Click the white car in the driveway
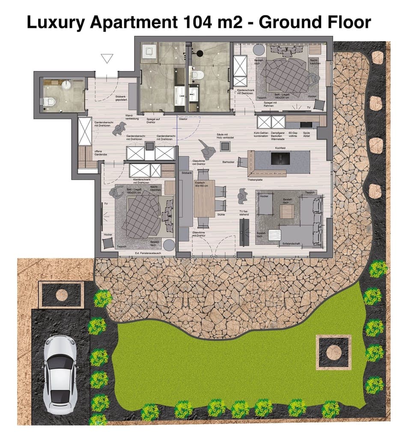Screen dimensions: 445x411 point(60,374)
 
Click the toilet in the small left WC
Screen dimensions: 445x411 point(50,102)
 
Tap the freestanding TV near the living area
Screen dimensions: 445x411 point(244,232)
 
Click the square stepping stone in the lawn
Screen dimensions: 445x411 point(334,352)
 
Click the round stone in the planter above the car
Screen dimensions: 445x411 point(62,295)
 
